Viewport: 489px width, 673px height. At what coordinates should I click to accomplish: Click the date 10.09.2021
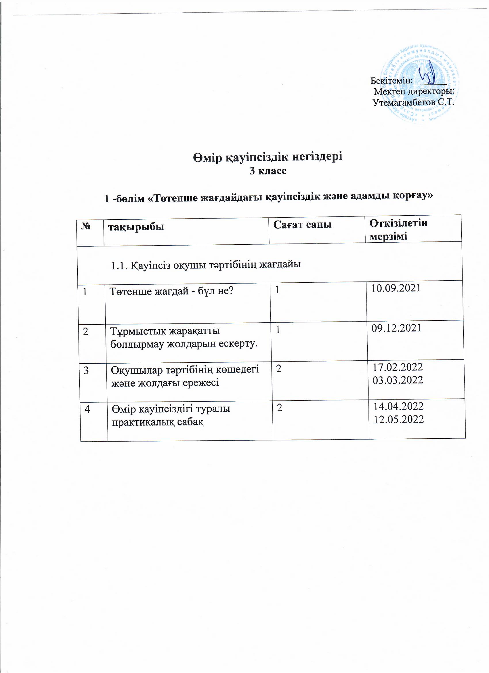coord(396,288)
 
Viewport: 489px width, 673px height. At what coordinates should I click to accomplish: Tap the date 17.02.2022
coord(397,367)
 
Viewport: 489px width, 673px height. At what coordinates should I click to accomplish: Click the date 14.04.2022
coord(399,406)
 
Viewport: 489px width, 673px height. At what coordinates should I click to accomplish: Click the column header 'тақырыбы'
coord(136,227)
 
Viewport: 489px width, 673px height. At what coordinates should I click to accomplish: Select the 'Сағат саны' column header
coord(302,225)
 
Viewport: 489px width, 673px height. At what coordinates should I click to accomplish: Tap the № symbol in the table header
coord(86,227)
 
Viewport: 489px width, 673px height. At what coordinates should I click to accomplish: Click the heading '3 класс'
coord(268,171)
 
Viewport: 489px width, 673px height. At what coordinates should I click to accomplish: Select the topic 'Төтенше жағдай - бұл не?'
coord(172,292)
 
